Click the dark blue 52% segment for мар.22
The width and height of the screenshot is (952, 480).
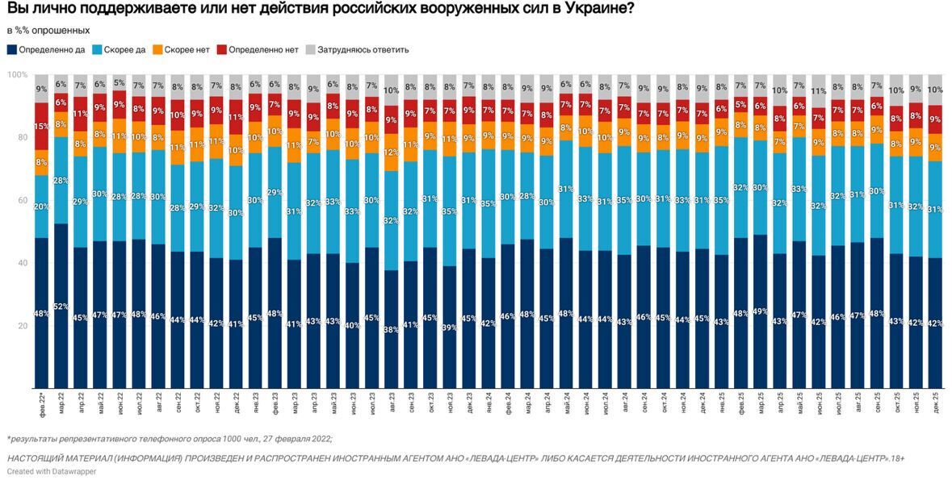point(61,306)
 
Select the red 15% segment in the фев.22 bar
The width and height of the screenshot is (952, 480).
point(41,126)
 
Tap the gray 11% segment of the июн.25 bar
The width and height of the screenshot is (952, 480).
point(818,91)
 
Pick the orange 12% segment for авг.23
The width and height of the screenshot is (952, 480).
point(392,152)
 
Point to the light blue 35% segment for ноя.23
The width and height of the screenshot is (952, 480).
point(450,211)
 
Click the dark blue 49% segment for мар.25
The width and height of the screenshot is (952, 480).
point(759,311)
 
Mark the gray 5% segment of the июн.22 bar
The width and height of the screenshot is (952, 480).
point(119,82)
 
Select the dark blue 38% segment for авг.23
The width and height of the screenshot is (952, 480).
point(392,328)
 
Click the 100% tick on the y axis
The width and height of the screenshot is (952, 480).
point(16,75)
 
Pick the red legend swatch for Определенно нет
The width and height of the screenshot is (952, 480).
point(222,49)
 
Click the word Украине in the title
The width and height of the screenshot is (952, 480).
point(593,10)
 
